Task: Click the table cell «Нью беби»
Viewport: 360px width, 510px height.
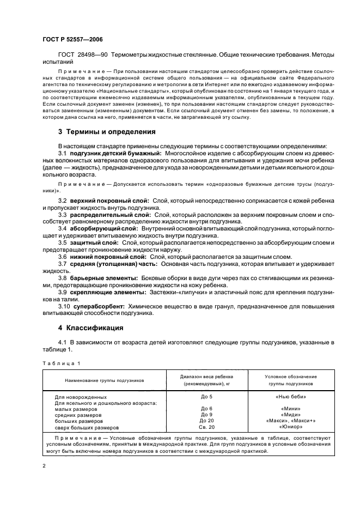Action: pos(290,397)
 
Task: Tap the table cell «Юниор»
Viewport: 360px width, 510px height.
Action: pos(290,427)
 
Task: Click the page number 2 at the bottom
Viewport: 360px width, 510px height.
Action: pos(44,466)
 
